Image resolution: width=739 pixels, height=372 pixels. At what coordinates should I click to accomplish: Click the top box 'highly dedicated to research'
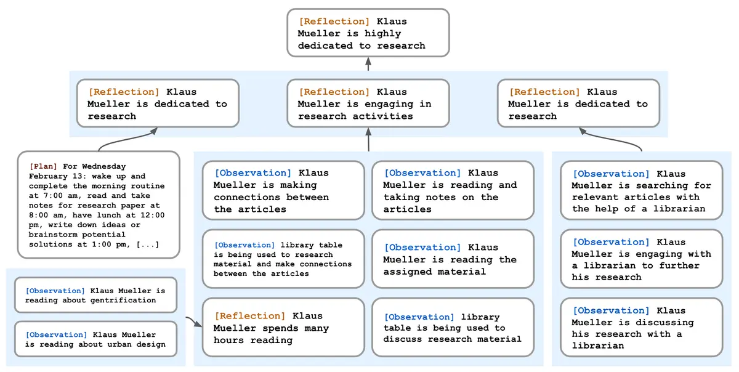368,33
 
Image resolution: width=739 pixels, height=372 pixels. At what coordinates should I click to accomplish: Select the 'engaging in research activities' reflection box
368,103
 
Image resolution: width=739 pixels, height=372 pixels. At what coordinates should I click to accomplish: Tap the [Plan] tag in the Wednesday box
43,166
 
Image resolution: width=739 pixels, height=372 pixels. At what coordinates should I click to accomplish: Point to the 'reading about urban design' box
95,339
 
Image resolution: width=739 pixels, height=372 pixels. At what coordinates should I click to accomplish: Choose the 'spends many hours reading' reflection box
283,328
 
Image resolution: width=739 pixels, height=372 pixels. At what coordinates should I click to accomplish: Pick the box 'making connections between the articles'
283,190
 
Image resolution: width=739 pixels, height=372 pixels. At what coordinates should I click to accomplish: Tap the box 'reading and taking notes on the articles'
453,190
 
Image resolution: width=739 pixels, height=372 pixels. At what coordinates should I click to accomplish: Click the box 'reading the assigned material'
453,259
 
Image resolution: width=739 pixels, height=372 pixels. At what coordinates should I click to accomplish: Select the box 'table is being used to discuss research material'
453,328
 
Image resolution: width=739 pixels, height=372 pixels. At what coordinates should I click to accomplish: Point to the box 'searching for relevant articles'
641,190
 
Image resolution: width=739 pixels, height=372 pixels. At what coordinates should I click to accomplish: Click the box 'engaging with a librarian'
641,259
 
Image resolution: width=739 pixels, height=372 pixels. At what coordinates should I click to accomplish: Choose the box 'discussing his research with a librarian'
641,328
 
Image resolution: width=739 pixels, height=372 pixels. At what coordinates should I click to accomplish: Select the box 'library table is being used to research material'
283,259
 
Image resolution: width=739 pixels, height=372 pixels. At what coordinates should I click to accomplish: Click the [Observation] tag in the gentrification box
55,291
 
